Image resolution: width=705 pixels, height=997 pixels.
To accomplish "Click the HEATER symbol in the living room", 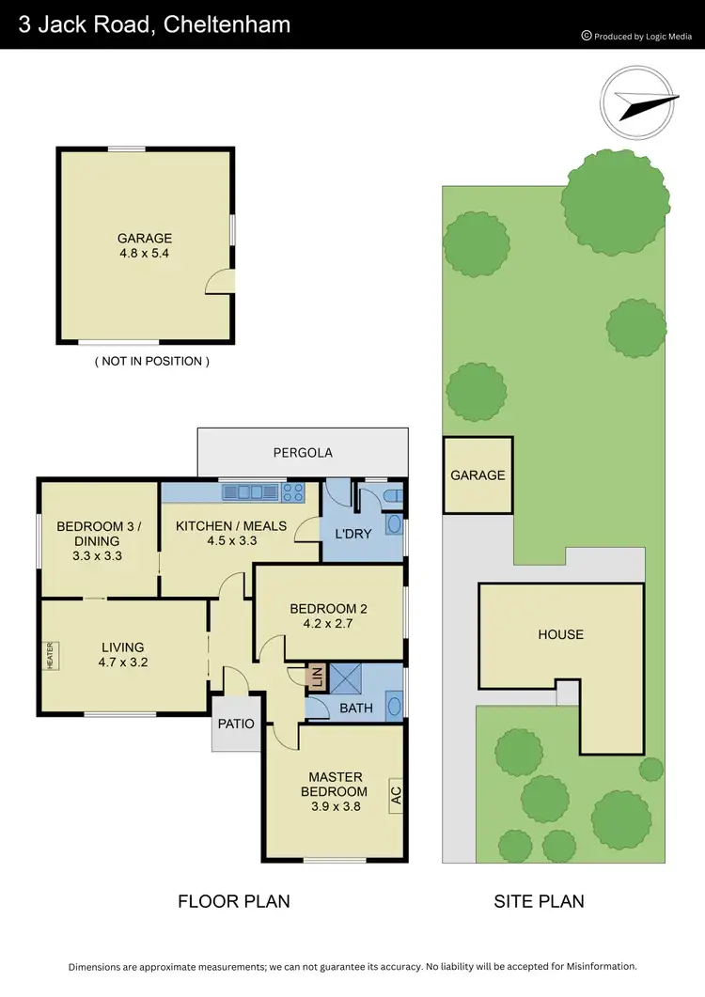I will click(50, 655).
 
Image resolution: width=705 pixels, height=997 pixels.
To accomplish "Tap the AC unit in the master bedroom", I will click(396, 793).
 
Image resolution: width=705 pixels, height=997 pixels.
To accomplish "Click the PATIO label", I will click(236, 724).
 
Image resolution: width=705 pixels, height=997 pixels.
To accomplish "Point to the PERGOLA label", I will click(303, 452).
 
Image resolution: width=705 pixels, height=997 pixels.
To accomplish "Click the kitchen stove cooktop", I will click(293, 491).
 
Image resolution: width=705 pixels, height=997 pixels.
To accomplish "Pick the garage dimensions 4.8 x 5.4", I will click(144, 253).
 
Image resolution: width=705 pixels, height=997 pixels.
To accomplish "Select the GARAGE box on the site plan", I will click(478, 475).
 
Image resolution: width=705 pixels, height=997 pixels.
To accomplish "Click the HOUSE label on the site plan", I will click(560, 634).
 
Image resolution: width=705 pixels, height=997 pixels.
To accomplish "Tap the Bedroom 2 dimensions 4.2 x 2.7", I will click(329, 622).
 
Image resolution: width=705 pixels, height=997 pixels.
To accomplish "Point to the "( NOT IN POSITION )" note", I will click(150, 361).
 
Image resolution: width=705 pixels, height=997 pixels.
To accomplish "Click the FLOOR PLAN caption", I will click(233, 901).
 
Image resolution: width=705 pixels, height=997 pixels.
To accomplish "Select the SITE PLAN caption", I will click(539, 901).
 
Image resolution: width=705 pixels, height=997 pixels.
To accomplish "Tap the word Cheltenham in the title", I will click(227, 24).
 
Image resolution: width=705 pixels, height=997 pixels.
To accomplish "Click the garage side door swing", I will click(218, 281).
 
